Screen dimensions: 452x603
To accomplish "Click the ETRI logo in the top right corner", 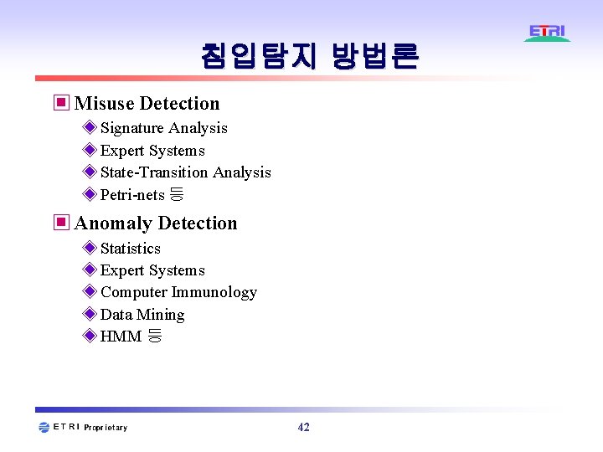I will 548,33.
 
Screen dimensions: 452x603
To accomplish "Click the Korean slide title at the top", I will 309,56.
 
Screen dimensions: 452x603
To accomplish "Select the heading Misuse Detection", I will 147,104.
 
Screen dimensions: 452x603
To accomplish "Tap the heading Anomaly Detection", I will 156,223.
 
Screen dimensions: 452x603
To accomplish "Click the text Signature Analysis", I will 163,128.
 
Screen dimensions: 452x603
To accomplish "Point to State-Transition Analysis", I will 185,172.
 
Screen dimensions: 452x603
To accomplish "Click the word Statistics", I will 130,249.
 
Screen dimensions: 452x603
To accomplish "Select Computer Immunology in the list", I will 178,292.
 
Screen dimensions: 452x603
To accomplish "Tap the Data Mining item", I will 142,315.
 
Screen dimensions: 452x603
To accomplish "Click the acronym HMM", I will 121,337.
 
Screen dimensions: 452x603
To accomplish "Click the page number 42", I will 303,428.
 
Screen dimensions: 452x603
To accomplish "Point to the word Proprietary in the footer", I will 106,428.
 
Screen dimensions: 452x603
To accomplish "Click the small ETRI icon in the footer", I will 44,428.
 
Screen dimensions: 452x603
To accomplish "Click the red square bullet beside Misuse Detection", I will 60,104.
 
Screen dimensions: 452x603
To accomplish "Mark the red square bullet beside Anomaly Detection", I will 60,223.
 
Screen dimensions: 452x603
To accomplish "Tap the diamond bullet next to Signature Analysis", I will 90,128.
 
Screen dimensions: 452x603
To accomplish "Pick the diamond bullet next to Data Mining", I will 90,315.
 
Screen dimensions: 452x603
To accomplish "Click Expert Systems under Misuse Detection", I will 152,151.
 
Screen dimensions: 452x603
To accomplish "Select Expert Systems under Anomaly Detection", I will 152,270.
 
